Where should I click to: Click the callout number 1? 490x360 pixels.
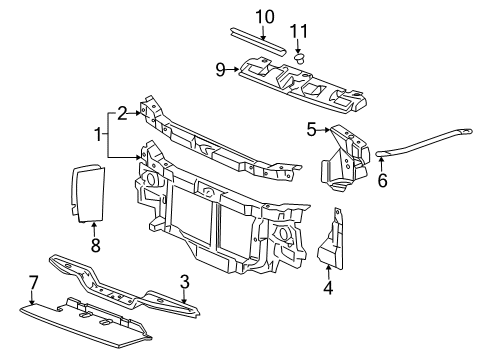click(98, 133)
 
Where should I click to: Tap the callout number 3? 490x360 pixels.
click(185, 285)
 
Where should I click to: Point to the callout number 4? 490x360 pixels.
click(329, 288)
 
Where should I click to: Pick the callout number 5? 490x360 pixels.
click(312, 129)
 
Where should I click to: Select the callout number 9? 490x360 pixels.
click(220, 70)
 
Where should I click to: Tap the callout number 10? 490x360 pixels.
click(264, 16)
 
